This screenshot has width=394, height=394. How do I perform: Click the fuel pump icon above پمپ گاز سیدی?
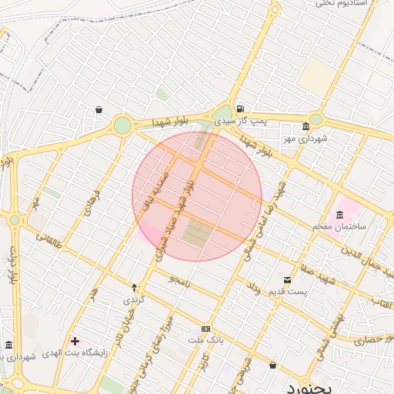[241, 109]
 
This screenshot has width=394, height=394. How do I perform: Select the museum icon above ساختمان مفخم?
[340, 214]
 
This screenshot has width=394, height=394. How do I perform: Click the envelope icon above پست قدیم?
[287, 279]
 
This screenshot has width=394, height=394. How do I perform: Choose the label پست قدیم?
[291, 292]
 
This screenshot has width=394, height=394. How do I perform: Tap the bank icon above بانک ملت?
[205, 329]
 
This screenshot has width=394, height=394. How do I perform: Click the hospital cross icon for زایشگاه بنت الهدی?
[75, 341]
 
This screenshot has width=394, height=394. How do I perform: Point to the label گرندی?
[134, 299]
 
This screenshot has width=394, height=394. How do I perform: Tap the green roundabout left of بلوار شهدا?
[122, 125]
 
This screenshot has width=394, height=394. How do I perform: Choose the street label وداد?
[253, 291]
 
